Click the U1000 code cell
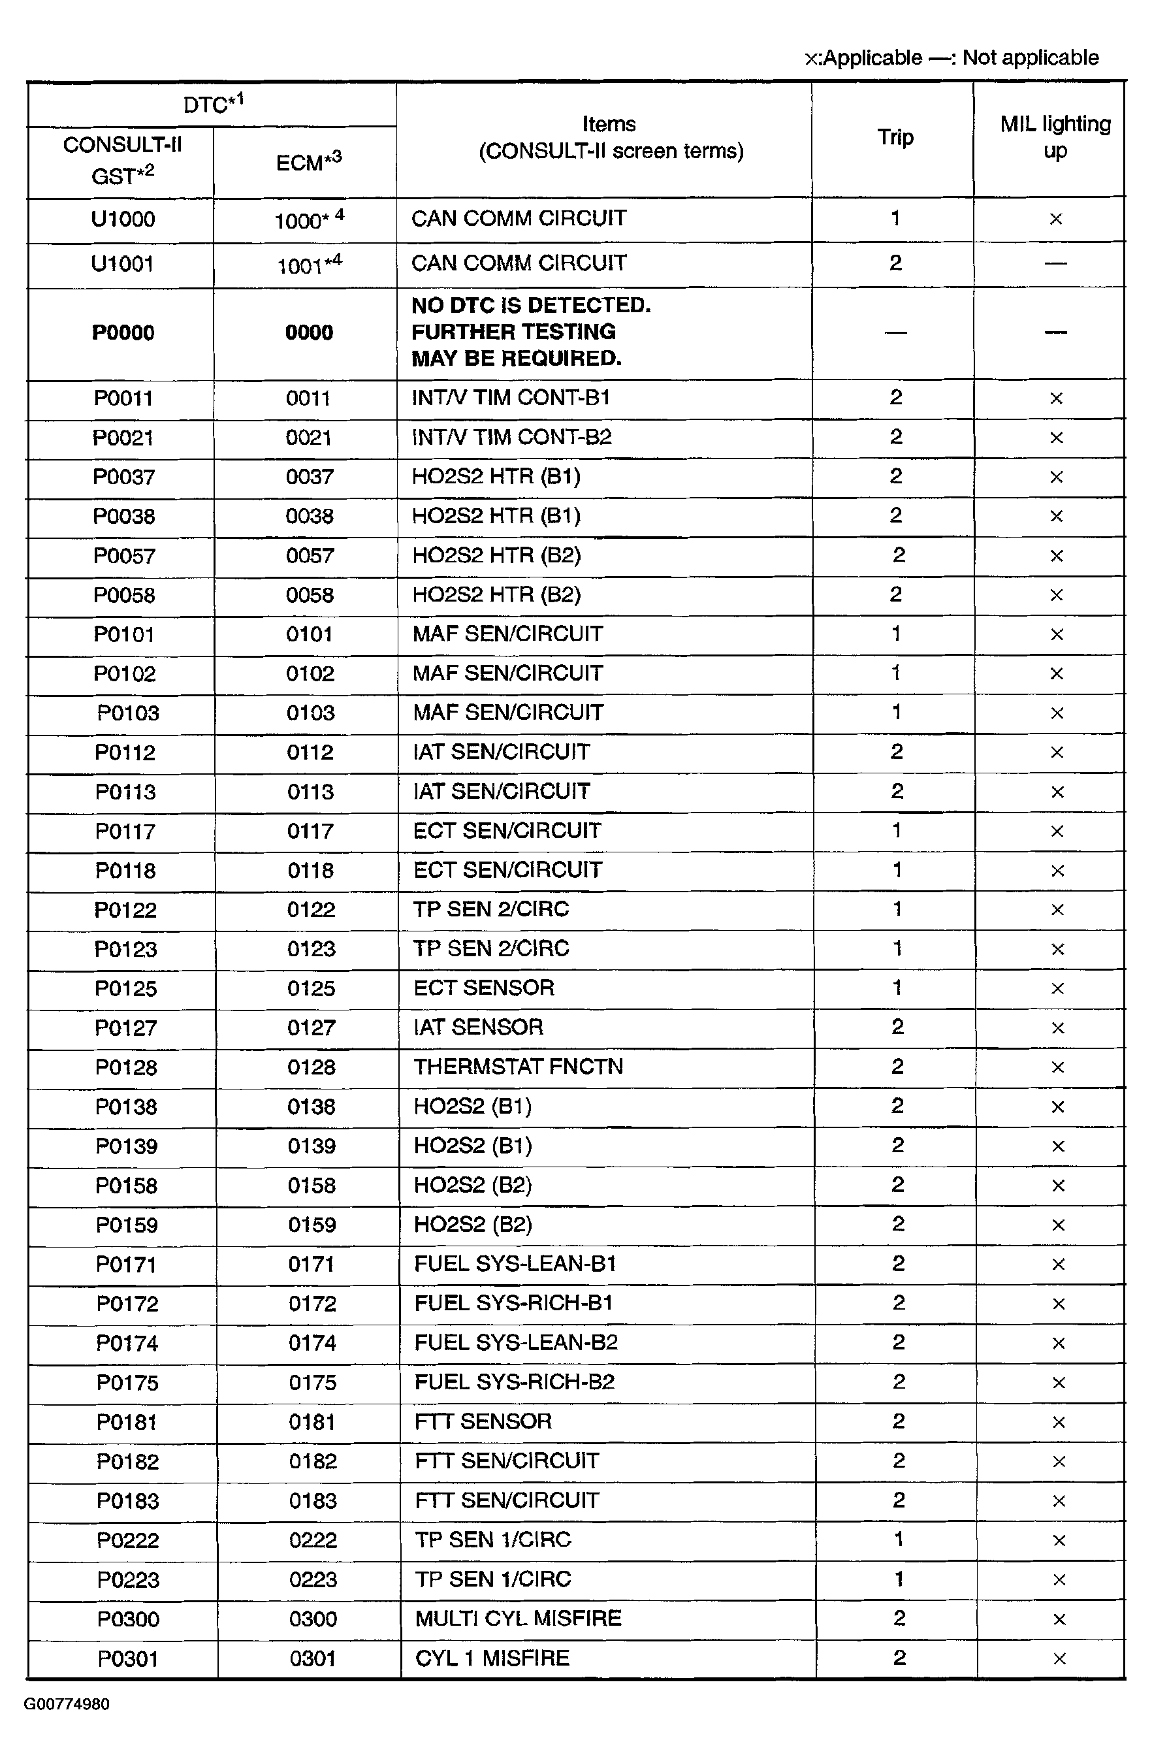tap(123, 219)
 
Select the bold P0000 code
tap(123, 332)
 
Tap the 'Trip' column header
tap(895, 137)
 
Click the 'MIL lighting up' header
tap(1055, 137)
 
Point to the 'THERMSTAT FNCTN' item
tap(518, 1067)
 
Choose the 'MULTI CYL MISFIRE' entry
tap(518, 1619)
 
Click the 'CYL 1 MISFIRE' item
tap(492, 1658)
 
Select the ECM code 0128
tap(311, 1067)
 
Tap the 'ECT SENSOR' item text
tap(484, 988)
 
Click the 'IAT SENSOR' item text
tap(478, 1027)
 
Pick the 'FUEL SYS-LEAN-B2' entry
tap(516, 1342)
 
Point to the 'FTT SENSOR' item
tap(483, 1421)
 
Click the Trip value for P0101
tap(895, 634)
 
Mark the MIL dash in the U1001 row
tap(1055, 263)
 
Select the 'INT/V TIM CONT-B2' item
tap(511, 437)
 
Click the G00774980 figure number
tap(67, 1704)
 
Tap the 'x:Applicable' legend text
tap(863, 57)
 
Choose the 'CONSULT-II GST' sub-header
tap(123, 161)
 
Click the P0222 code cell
tap(128, 1540)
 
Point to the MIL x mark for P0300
tap(1058, 1619)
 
